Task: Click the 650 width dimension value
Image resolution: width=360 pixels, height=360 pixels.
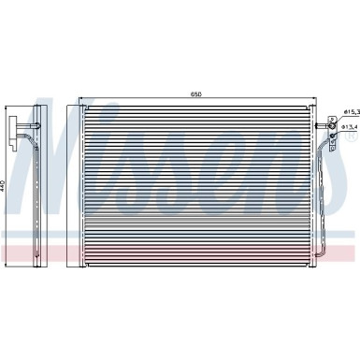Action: coord(195,94)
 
